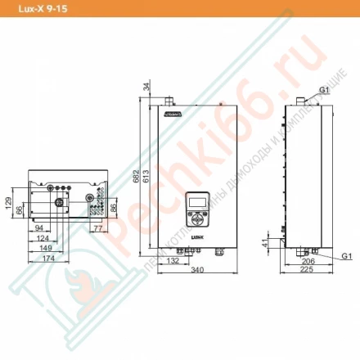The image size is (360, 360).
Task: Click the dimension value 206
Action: [308, 260]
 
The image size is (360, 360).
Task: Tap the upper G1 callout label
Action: [325, 88]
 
